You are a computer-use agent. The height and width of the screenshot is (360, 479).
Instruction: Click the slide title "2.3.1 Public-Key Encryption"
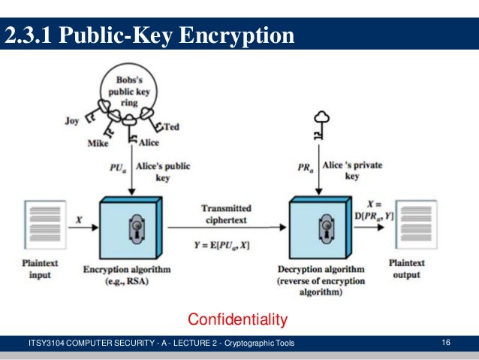click(x=150, y=35)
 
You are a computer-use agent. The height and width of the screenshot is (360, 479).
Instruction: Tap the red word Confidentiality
click(x=237, y=321)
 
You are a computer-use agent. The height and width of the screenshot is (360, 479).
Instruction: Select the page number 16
click(x=446, y=343)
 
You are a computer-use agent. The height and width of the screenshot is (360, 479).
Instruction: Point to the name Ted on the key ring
click(x=172, y=126)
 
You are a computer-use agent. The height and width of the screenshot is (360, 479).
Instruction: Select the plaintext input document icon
click(x=39, y=225)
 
